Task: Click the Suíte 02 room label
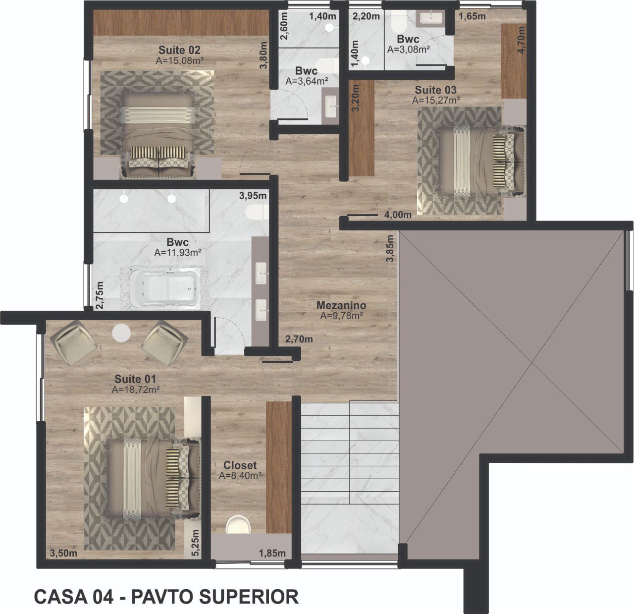click(x=179, y=50)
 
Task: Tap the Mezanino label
click(x=341, y=305)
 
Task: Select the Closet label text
click(x=240, y=465)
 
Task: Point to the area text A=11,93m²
click(x=178, y=253)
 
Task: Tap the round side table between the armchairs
click(x=121, y=333)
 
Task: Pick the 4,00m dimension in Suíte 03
click(x=398, y=215)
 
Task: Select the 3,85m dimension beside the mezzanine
click(x=390, y=248)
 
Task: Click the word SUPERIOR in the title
click(x=249, y=597)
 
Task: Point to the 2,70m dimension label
click(x=299, y=339)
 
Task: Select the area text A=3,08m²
click(x=409, y=50)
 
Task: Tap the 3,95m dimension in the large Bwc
click(x=253, y=196)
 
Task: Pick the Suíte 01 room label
click(x=135, y=379)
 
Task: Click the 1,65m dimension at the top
click(x=472, y=16)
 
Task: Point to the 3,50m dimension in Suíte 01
click(x=63, y=553)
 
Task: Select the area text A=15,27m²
click(x=436, y=100)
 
